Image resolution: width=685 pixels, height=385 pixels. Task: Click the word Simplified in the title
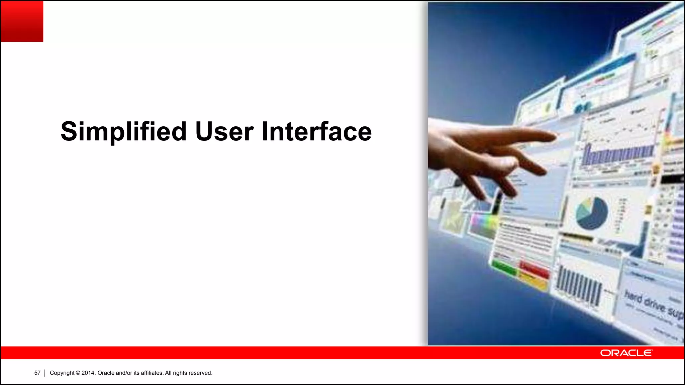(123, 132)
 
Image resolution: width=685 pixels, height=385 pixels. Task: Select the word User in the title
(224, 132)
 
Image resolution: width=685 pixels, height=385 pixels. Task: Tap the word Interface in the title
(316, 132)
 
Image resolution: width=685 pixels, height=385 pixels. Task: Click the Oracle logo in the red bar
(626, 353)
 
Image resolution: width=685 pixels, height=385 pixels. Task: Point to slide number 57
(37, 373)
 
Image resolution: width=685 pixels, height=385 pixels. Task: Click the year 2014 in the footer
(88, 373)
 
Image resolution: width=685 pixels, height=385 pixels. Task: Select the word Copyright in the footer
(62, 373)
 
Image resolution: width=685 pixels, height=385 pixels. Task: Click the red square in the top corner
(22, 21)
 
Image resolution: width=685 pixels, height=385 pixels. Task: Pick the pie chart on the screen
(591, 213)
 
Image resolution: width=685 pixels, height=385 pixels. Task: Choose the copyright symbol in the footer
(78, 373)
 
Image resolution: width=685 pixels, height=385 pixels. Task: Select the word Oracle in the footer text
(106, 373)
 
